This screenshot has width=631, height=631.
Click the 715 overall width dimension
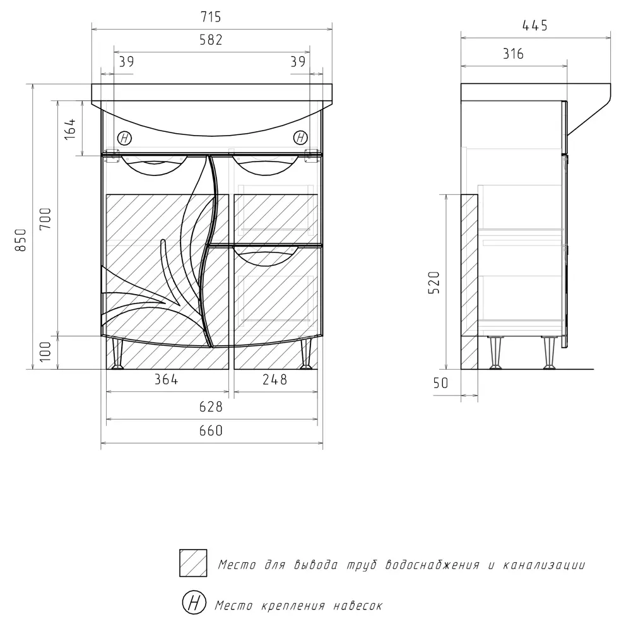(212, 18)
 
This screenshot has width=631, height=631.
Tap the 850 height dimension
(21, 240)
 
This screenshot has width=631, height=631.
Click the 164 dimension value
(71, 129)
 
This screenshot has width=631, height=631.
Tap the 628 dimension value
(212, 407)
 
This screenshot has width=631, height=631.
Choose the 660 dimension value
(212, 431)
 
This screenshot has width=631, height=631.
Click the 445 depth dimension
(535, 25)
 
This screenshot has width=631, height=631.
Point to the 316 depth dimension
(513, 54)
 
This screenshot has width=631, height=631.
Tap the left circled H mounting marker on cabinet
(125, 138)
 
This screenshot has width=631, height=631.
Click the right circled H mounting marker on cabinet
(301, 138)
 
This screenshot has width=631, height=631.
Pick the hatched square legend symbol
(193, 563)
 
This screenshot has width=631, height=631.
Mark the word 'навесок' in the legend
(357, 606)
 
